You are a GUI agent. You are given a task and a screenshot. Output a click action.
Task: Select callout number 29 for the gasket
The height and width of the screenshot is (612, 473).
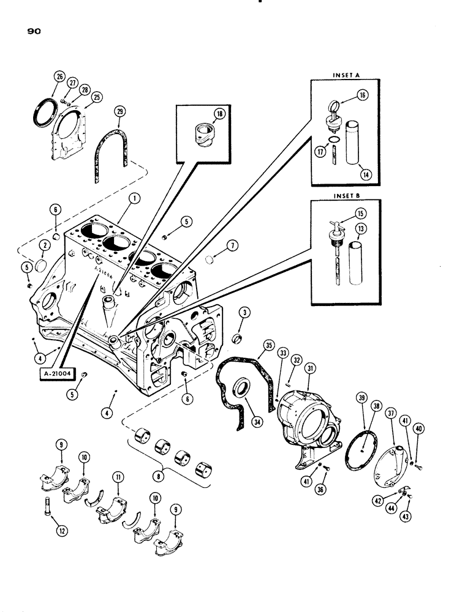pyautogui.click(x=119, y=111)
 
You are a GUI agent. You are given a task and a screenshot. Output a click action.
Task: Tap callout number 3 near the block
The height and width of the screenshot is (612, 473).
pyautogui.click(x=244, y=313)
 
